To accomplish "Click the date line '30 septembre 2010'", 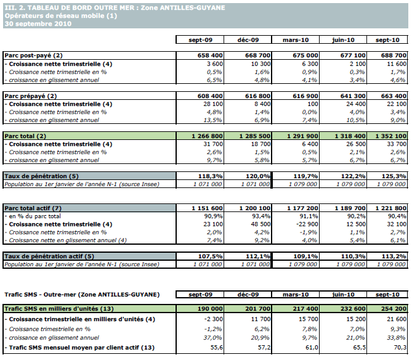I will point(38,23).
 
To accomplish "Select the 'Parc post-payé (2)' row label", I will point(34,55).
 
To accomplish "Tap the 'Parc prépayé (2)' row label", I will point(32,96).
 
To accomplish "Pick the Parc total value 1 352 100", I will point(389,136).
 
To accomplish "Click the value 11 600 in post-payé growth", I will point(395,63).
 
